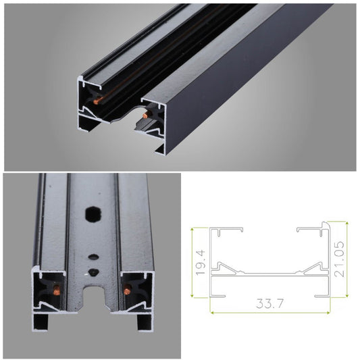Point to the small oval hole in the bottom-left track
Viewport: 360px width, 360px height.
93,257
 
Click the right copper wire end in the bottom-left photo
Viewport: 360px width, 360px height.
126,291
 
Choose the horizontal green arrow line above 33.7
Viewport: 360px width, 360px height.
270,313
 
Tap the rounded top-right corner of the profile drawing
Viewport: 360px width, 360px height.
328,224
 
